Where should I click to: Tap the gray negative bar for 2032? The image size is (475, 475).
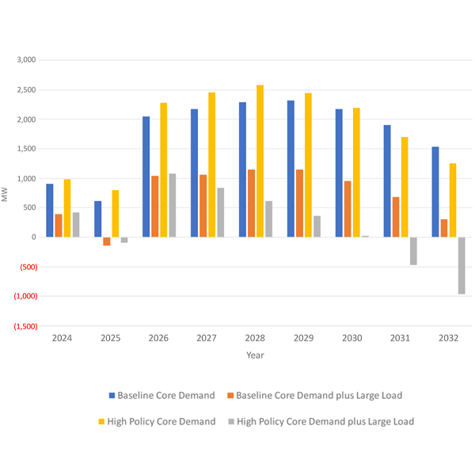tap(462, 265)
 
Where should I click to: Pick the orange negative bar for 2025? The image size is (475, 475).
tap(107, 241)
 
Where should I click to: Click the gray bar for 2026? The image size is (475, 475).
tap(173, 205)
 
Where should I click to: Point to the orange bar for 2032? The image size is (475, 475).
tap(444, 228)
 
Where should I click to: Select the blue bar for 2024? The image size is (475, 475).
tap(50, 210)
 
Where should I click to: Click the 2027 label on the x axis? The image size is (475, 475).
tap(207, 338)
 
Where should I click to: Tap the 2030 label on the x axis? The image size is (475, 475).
tap(351, 338)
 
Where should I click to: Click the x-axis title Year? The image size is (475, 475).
tap(255, 355)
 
